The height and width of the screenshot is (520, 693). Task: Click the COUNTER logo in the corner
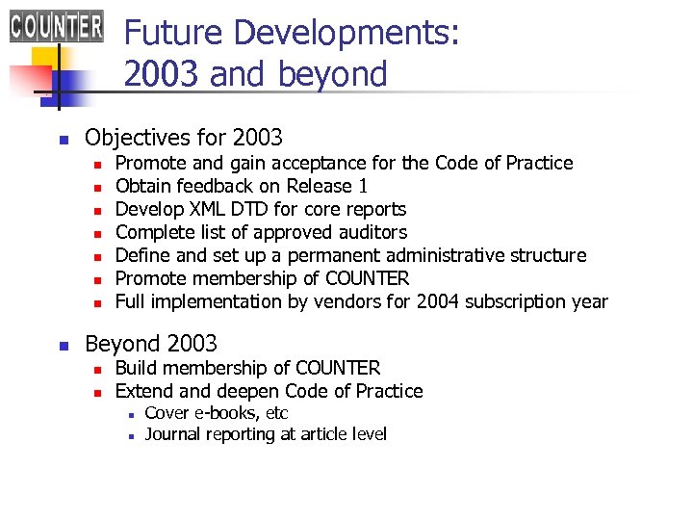coord(57,24)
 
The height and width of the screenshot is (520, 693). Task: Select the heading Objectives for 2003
coord(184,137)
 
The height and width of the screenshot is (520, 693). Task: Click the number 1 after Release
coord(362,186)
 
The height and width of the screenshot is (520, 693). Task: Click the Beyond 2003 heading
coord(151,343)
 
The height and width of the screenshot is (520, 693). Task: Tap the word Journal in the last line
coord(172,434)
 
